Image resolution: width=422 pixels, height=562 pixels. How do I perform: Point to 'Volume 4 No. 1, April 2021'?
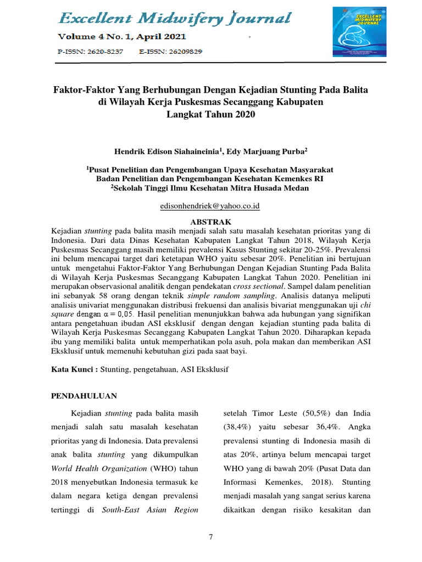tap(122, 37)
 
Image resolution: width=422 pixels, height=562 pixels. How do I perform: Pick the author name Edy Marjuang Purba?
tap(268, 150)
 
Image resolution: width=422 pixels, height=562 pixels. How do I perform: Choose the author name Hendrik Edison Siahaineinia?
tap(159, 150)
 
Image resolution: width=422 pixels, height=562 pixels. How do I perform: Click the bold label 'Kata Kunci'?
tap(73, 370)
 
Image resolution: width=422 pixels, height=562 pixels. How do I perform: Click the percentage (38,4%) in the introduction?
tap(239, 426)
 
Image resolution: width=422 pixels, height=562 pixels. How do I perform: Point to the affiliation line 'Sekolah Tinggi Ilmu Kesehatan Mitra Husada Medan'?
tap(212, 188)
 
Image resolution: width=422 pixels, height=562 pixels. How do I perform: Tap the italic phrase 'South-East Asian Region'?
tap(150, 510)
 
